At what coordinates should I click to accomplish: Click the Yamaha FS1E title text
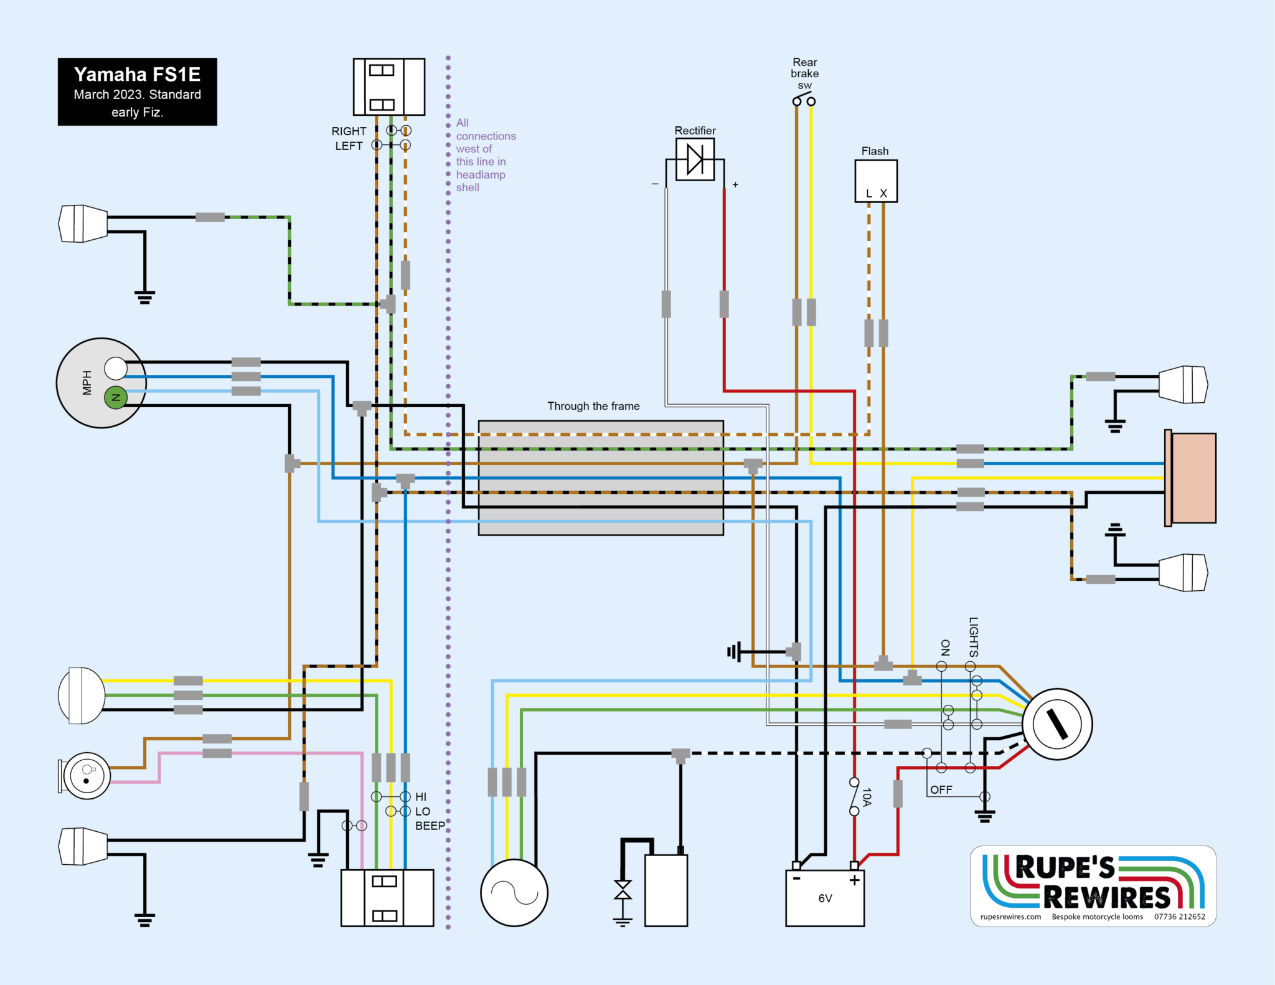[137, 75]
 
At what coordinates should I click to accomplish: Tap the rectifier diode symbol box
[695, 159]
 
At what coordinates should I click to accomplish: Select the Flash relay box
[875, 181]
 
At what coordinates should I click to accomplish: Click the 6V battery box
[825, 898]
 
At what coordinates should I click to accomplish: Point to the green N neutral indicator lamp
[115, 397]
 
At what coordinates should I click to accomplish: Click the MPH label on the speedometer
[87, 382]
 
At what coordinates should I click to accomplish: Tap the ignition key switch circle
[1057, 724]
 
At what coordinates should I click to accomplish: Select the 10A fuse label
[867, 797]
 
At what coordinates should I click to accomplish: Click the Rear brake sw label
[804, 73]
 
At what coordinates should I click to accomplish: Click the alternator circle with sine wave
[514, 893]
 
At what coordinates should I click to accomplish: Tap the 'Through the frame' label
[593, 406]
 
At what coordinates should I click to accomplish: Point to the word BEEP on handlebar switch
[430, 826]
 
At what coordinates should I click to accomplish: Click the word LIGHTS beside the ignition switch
[974, 637]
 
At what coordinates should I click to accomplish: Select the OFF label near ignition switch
[941, 789]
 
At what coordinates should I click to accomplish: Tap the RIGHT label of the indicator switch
[349, 131]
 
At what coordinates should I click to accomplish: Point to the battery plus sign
[854, 880]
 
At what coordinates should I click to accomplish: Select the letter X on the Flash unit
[883, 194]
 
